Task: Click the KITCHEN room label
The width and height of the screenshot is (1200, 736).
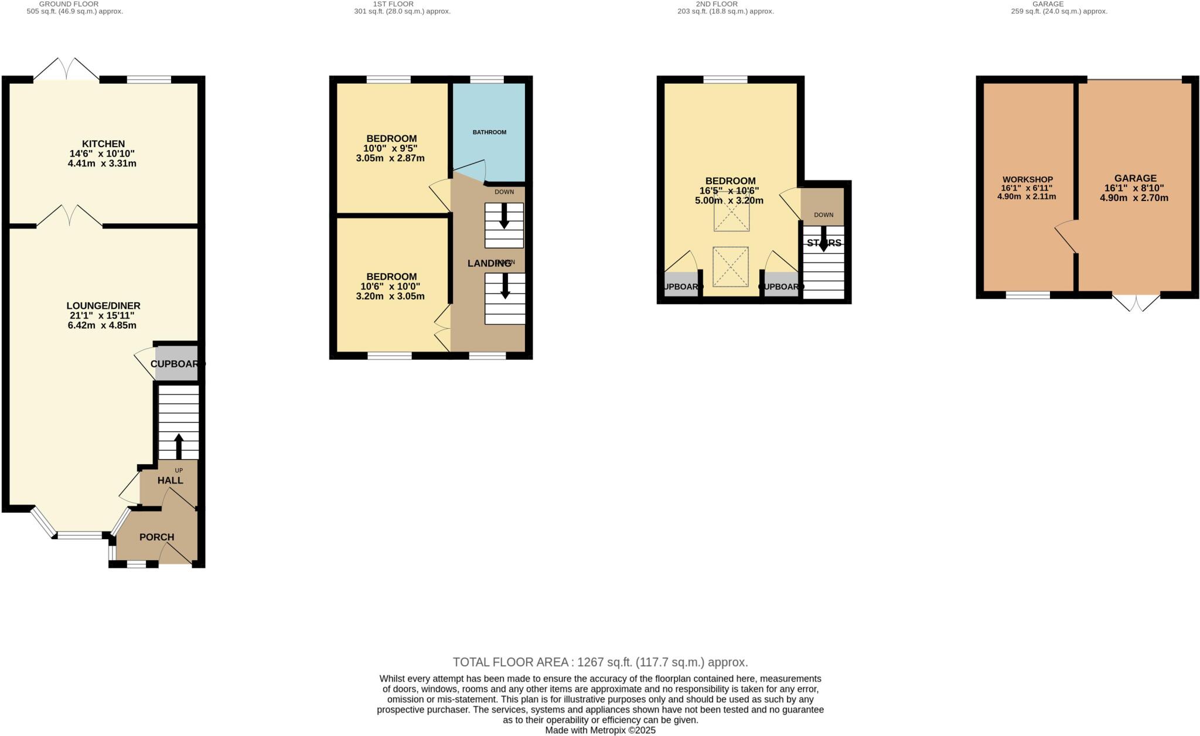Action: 103,144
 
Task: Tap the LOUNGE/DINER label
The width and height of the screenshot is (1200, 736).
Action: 103,306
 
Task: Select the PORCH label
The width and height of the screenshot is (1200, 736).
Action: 156,537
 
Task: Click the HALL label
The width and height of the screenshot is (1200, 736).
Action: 170,481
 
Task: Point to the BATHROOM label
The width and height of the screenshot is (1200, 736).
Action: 489,132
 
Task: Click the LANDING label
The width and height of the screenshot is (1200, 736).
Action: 489,264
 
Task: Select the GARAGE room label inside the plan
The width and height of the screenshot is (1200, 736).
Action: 1135,178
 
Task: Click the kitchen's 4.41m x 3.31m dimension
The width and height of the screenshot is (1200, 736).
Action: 103,163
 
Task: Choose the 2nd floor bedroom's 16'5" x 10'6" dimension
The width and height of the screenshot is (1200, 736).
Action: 730,190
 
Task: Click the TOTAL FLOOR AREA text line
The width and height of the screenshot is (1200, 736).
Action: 600,662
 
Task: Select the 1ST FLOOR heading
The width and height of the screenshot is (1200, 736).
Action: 393,4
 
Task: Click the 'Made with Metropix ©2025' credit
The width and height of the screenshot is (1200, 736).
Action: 600,730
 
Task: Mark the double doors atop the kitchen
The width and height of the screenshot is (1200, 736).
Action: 66,69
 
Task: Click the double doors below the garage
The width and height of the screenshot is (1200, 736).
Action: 1136,302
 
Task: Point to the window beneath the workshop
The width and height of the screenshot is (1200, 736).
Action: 1028,295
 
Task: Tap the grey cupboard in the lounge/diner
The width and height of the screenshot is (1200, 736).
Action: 176,364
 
